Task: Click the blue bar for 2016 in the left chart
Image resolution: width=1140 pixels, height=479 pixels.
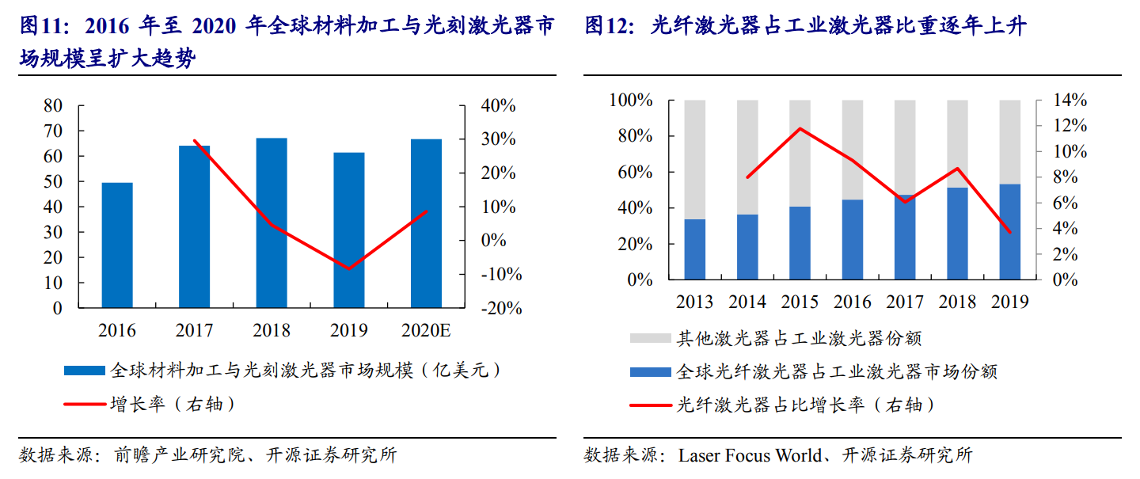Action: pyautogui.click(x=117, y=245)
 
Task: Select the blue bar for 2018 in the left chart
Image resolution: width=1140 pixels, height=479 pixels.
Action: pyautogui.click(x=272, y=223)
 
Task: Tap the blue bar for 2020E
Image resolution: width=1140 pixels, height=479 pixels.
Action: pyautogui.click(x=426, y=223)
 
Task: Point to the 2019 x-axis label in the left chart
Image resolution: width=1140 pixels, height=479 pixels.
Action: pyautogui.click(x=349, y=330)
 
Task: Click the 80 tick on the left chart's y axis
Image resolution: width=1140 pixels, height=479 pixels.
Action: pyautogui.click(x=53, y=105)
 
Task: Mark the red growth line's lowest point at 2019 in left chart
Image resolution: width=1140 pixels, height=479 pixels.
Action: pyautogui.click(x=348, y=268)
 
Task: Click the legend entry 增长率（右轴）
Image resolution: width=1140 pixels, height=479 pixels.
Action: pyautogui.click(x=173, y=405)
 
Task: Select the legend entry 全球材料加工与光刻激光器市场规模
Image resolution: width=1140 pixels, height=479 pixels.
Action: pyautogui.click(x=305, y=370)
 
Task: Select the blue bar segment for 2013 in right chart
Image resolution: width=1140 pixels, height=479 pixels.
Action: pyautogui.click(x=694, y=249)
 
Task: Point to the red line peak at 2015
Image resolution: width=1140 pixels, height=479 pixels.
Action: pyautogui.click(x=800, y=128)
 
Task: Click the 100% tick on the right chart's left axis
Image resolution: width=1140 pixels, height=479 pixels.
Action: pyautogui.click(x=630, y=101)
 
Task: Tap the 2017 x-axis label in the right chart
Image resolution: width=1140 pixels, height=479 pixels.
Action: pyautogui.click(x=905, y=302)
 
